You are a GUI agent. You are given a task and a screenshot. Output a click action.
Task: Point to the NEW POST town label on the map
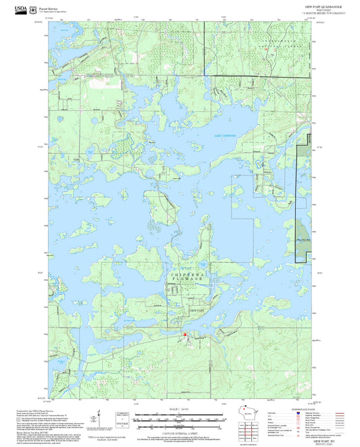pyautogui.click(x=195, y=309)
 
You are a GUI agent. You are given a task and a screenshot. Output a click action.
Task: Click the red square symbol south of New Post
pyautogui.click(x=184, y=334)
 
